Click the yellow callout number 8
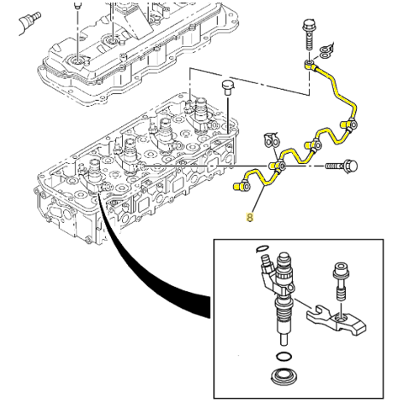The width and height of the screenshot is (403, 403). [249, 218]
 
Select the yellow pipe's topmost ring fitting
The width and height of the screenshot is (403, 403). [309, 65]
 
